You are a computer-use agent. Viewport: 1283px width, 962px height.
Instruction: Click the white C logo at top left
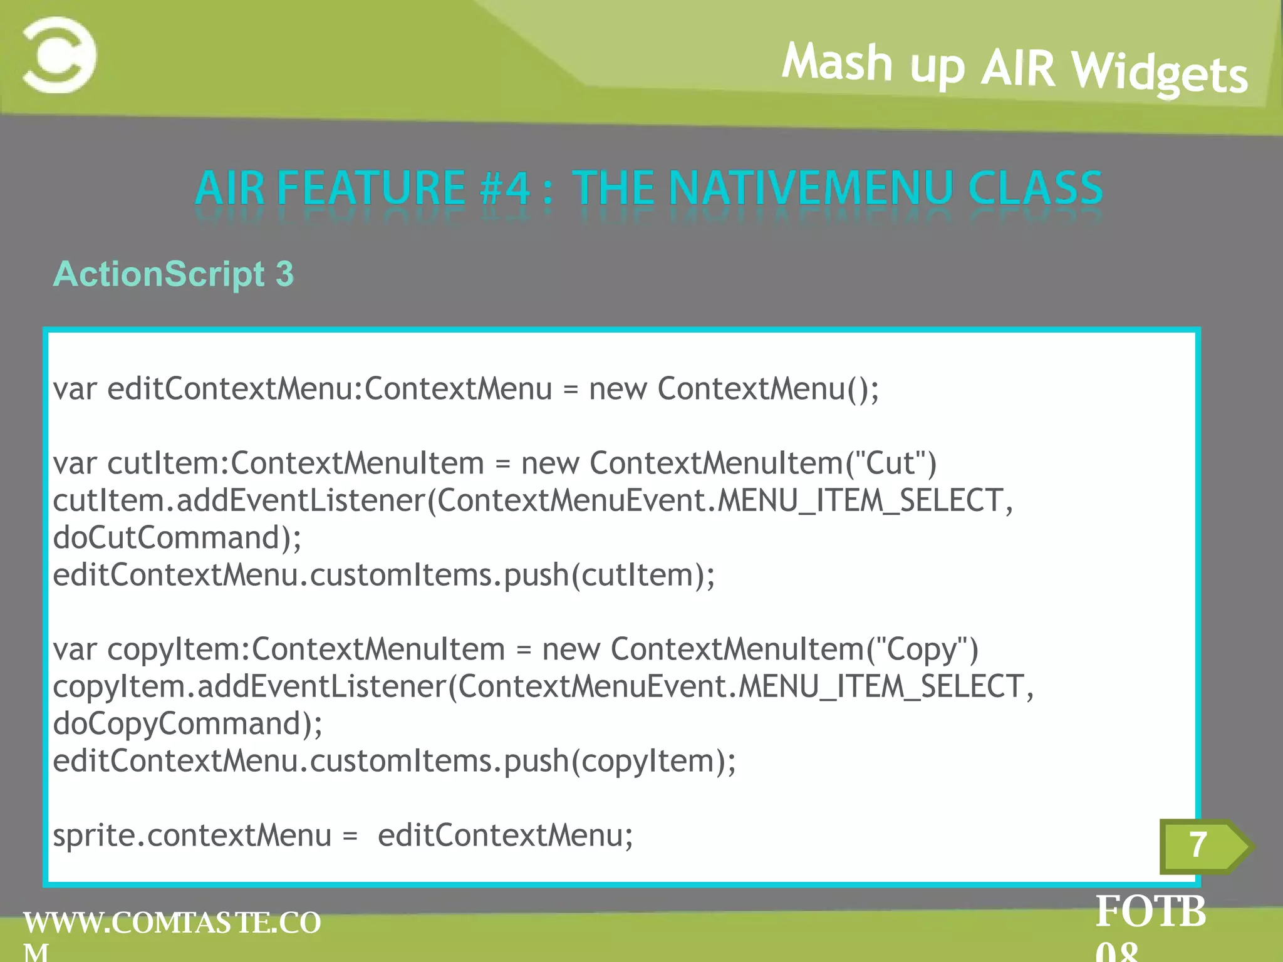pyautogui.click(x=60, y=55)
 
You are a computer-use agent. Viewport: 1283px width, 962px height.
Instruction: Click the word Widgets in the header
pyautogui.click(x=1159, y=73)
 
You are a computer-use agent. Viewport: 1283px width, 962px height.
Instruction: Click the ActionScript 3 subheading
pyautogui.click(x=174, y=274)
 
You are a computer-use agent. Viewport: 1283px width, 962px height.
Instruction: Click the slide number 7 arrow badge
pyautogui.click(x=1203, y=846)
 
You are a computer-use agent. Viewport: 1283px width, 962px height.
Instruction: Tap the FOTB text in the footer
pyautogui.click(x=1150, y=912)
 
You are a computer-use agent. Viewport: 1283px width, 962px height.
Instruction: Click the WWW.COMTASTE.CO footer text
pyautogui.click(x=172, y=923)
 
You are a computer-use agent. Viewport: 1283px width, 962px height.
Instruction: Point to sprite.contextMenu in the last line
pyautogui.click(x=192, y=835)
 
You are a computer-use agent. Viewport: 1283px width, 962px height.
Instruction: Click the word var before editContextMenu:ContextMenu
pyautogui.click(x=75, y=389)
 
